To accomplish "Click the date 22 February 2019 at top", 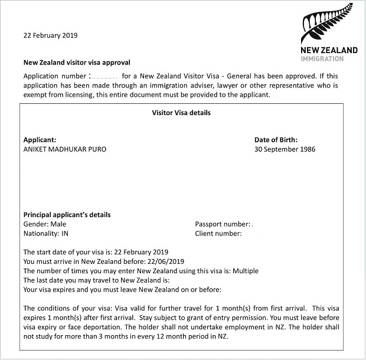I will pos(50,35).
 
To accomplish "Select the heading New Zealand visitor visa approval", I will pos(76,62).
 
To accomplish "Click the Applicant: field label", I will pos(40,140).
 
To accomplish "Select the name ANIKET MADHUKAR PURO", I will pos(65,149).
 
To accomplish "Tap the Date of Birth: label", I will pos(276,140).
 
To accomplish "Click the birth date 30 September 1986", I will pos(285,149).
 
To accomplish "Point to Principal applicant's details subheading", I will pos(67,215).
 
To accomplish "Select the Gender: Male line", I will pos(45,224).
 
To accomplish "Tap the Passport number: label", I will pos(222,224).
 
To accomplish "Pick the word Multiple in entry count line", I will pos(244,271).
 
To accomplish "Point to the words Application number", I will pos(54,76).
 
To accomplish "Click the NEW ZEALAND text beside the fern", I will pos(329,50).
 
